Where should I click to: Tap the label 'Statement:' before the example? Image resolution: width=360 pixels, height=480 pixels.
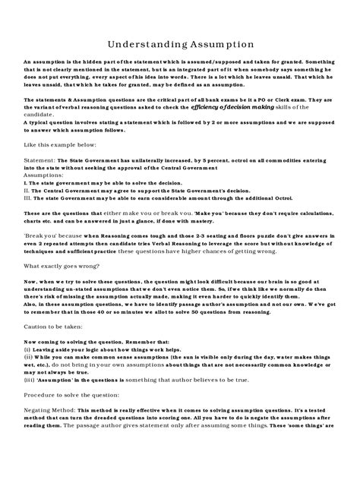point(39,161)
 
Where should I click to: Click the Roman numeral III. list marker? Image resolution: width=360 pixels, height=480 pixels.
point(29,198)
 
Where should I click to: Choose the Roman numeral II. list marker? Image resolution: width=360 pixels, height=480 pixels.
point(28,191)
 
